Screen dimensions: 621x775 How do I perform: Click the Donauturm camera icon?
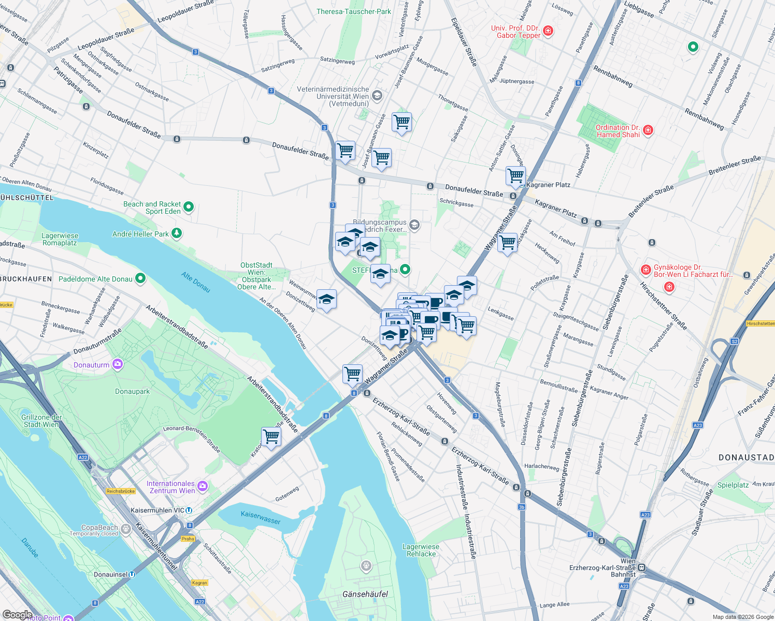(x=118, y=364)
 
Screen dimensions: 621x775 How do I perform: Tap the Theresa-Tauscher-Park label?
(x=354, y=11)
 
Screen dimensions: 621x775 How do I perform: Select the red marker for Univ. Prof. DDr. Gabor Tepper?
(x=548, y=31)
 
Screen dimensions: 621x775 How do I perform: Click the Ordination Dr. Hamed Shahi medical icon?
(x=648, y=130)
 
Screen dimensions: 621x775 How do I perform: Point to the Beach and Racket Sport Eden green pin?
(x=189, y=208)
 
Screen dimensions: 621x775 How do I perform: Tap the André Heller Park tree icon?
(x=177, y=233)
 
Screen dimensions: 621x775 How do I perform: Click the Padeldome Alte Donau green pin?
(x=140, y=279)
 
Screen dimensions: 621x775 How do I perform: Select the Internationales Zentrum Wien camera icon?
(x=203, y=486)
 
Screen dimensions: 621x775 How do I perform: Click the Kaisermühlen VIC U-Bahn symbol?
(x=189, y=510)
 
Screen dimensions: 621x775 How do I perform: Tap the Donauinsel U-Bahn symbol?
(x=132, y=574)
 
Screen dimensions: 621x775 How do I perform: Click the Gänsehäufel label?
(x=365, y=594)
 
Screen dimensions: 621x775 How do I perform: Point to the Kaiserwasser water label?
(x=261, y=517)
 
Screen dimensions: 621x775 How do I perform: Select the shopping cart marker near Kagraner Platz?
(x=515, y=176)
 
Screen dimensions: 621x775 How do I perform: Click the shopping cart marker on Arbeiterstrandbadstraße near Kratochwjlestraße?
(x=271, y=437)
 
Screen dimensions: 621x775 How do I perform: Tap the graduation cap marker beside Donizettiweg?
(x=326, y=299)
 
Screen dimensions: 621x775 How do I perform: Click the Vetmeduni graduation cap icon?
(x=377, y=95)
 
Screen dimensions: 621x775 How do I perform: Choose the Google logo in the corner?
(x=17, y=614)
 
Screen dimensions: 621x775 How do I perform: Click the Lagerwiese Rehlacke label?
(x=421, y=550)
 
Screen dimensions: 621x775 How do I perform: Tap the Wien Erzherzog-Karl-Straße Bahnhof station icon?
(x=642, y=567)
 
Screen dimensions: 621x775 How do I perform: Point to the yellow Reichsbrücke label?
(x=121, y=491)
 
